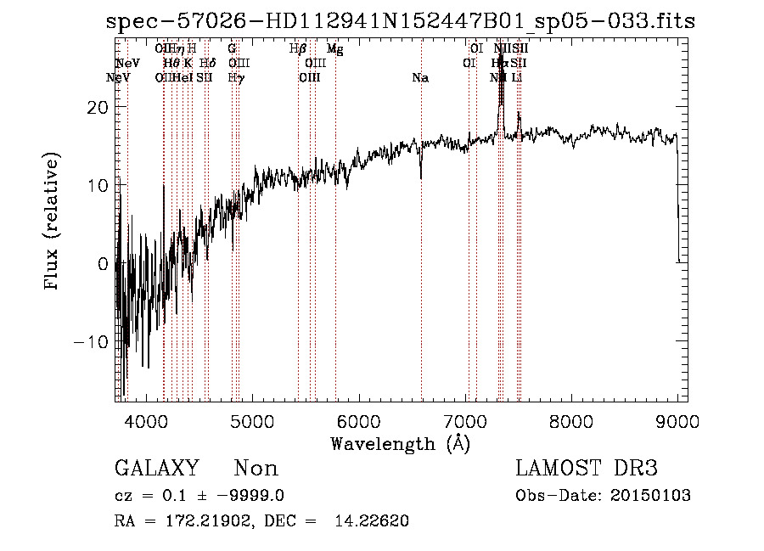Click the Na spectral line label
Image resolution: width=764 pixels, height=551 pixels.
coord(420,78)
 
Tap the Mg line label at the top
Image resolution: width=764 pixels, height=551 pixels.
coord(334,49)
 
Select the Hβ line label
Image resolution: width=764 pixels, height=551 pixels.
coord(297,49)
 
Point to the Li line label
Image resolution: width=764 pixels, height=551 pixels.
coord(516,78)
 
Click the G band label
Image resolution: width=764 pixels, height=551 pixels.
coord(232,49)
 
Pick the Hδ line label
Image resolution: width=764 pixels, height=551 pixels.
coord(207,64)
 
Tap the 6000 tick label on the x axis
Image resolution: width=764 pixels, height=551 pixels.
coord(358,421)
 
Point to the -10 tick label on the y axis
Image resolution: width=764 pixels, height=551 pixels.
coord(95,341)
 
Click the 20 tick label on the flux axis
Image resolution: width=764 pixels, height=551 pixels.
coord(100,107)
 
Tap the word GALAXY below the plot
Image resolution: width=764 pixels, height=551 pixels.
coord(156,469)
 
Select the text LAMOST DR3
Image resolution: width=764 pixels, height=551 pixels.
coord(587,469)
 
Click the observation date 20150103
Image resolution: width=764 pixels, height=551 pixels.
coord(654,496)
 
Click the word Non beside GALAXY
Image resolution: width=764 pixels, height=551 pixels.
coord(256,469)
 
